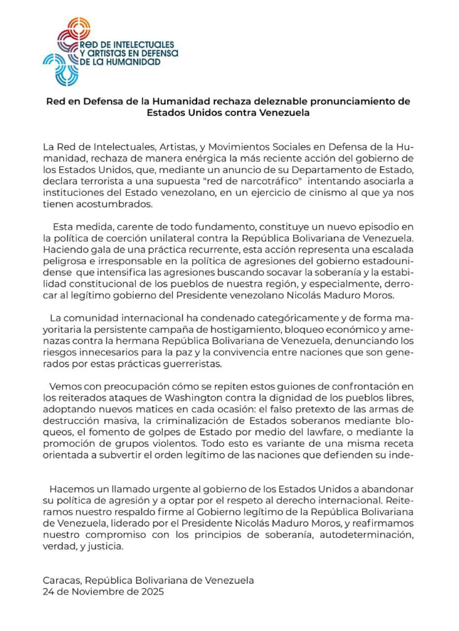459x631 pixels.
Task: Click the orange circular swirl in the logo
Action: (78, 27)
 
